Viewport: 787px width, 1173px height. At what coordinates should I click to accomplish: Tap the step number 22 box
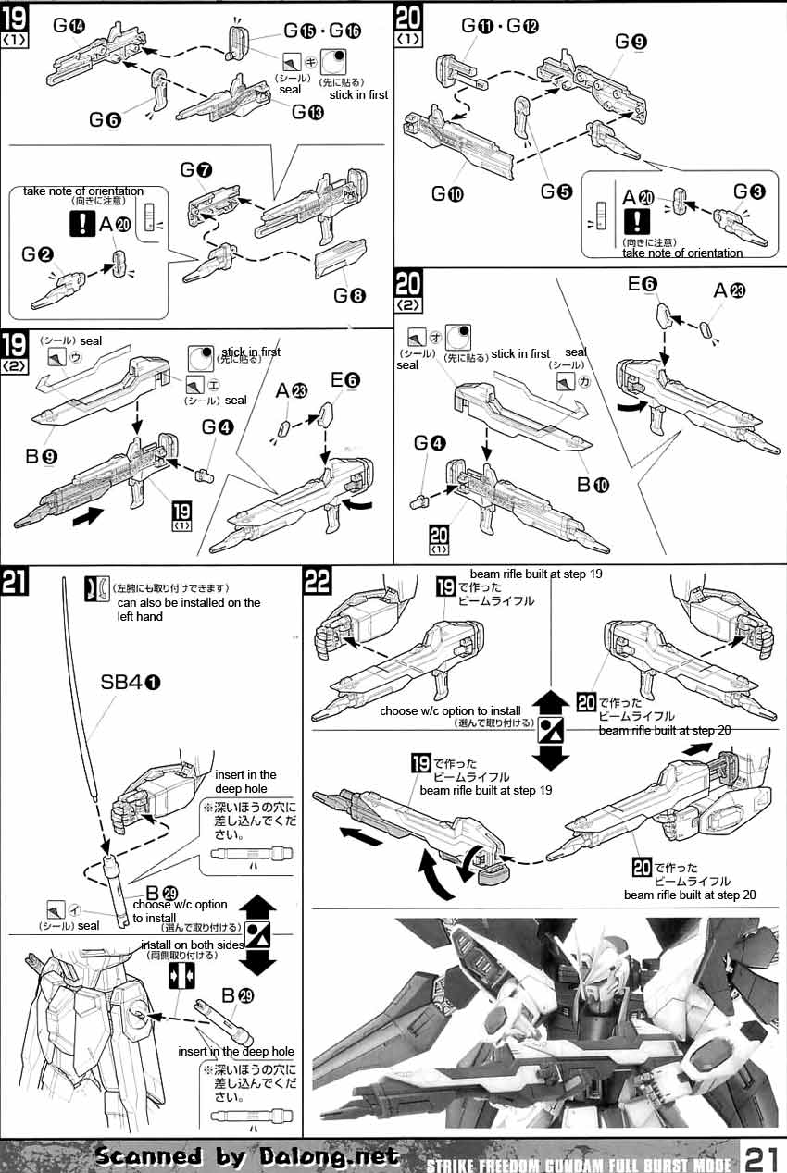(x=317, y=582)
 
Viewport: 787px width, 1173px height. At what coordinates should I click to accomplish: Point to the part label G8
(x=351, y=296)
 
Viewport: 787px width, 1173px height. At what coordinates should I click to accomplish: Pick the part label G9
(x=632, y=41)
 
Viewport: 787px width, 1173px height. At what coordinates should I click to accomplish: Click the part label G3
(x=749, y=191)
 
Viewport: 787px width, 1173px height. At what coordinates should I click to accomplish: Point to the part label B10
(x=593, y=485)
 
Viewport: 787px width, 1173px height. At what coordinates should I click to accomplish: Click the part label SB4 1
(x=130, y=682)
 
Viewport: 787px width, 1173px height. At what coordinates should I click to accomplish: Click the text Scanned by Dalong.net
(x=248, y=1155)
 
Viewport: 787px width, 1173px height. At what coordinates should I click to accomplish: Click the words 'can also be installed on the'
(x=189, y=602)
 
